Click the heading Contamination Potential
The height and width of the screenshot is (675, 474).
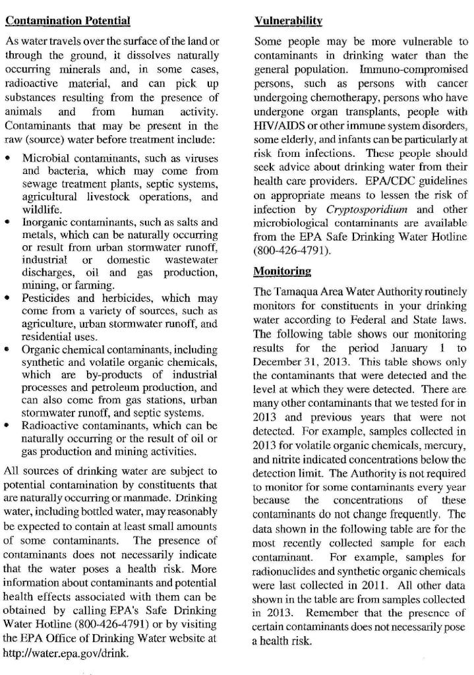(x=67, y=20)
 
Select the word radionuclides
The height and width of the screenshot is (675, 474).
(x=285, y=569)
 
